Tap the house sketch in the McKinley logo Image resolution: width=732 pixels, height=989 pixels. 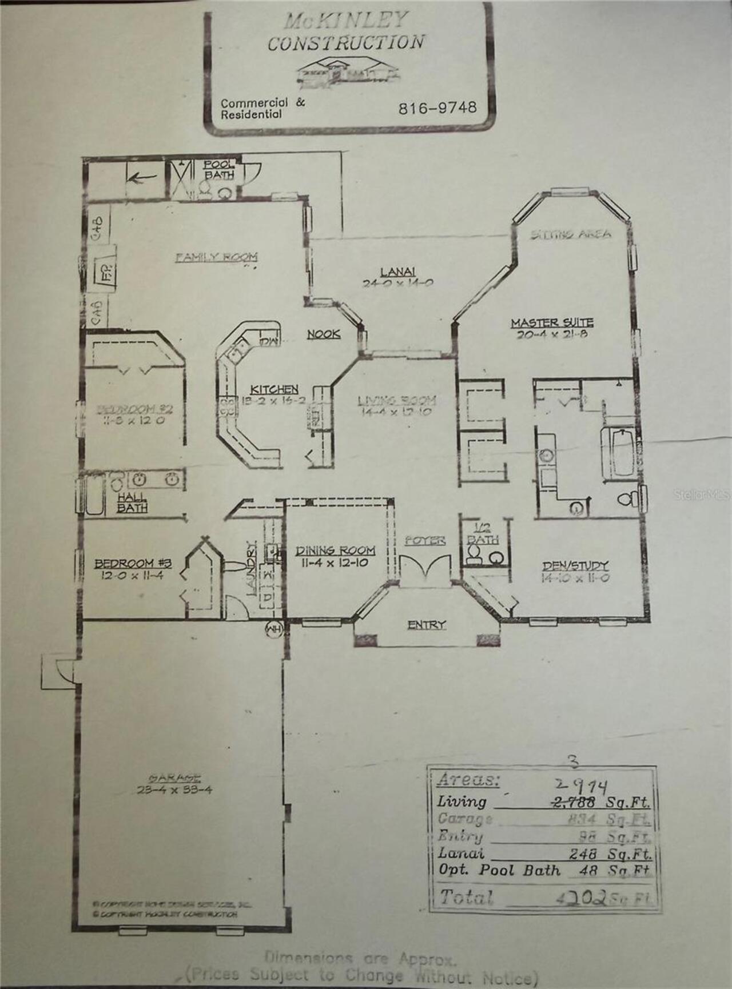(347, 71)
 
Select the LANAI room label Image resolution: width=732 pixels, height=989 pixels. (397, 272)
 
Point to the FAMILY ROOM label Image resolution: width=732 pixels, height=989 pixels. (216, 257)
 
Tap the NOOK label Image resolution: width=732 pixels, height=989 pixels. (324, 334)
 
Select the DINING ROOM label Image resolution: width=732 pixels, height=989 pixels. (335, 551)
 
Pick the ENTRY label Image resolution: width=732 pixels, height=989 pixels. (426, 625)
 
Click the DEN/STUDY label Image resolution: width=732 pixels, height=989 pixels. (575, 566)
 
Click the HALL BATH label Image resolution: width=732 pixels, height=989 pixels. (132, 503)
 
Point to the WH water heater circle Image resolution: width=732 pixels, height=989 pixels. (274, 629)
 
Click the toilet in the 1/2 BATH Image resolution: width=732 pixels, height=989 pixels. (474, 554)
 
